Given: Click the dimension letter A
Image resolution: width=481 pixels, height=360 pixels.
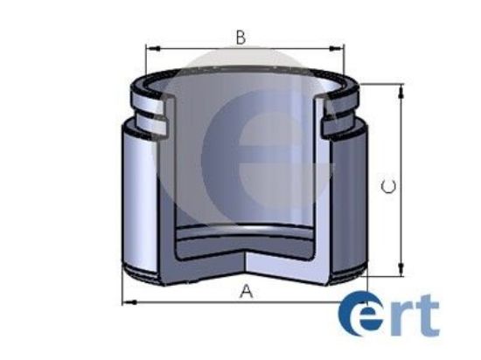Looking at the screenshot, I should pos(246,292).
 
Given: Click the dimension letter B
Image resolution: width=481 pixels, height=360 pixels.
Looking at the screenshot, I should pos(240,37).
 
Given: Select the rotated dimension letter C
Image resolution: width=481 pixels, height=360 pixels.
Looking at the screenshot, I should pos(390,185).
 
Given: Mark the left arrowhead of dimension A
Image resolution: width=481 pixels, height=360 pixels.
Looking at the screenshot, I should pos(125,302).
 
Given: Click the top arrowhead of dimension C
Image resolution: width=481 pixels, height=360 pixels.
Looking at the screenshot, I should pos(401,88).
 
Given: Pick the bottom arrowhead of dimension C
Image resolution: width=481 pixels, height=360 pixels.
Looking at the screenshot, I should pos(401,271).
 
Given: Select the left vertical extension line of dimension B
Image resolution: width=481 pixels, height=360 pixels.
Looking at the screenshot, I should pos(145,66).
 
